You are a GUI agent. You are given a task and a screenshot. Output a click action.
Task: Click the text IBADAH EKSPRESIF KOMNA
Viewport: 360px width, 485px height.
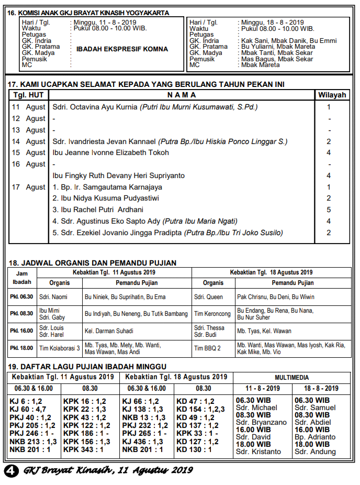[x=122, y=49]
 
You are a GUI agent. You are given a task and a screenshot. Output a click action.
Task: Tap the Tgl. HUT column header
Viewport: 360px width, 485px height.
[x=29, y=95]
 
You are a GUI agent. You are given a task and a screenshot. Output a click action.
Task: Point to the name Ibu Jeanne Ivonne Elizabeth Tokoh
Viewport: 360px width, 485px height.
[x=111, y=153]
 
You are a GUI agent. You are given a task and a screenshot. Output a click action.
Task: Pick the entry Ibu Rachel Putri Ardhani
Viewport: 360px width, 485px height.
[x=98, y=210]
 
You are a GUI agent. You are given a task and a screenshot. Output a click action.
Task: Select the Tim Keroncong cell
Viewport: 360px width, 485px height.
[x=212, y=314]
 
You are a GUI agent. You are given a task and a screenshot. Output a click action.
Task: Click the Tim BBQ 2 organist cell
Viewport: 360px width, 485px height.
[x=208, y=348]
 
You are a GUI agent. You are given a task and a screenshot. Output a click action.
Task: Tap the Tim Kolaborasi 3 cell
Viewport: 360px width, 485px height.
[x=60, y=348]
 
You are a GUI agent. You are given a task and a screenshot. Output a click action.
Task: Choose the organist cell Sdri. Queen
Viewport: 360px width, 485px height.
[x=208, y=297]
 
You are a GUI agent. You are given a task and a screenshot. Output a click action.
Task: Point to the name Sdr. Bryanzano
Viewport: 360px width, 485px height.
[x=261, y=422]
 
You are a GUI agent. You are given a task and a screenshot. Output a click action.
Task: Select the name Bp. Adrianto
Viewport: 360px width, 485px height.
[x=315, y=437]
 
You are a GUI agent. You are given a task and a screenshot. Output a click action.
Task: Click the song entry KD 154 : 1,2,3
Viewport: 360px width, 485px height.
[x=200, y=410]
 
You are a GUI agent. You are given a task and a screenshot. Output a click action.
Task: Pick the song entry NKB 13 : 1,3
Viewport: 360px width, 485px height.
[x=142, y=417]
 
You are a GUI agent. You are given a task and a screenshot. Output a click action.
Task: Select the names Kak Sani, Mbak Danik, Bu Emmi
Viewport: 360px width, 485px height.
[x=277, y=40]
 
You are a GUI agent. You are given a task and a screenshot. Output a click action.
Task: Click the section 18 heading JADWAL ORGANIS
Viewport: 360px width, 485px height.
[x=93, y=263]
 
